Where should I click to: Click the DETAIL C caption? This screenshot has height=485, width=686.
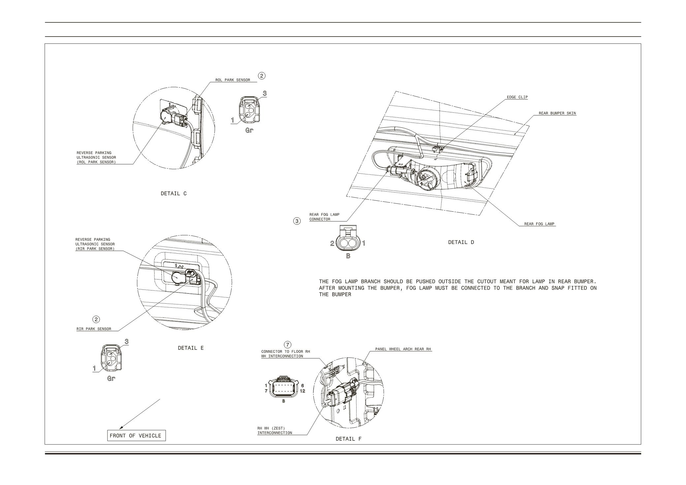coord(173,194)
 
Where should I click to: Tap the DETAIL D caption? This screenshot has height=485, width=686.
coord(461,242)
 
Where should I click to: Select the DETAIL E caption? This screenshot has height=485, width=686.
coord(191,348)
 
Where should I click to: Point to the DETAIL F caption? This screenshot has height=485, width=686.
coord(348,439)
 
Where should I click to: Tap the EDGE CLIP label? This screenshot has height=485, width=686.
coord(517,97)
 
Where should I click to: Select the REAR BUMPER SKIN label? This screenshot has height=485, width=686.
coord(557,113)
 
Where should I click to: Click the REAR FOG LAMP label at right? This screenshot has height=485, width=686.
coord(539,224)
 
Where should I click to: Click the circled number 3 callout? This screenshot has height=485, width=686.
coord(297,221)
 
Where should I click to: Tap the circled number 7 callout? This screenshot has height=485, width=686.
coord(288,345)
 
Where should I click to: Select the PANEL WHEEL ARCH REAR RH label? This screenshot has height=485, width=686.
coord(403,349)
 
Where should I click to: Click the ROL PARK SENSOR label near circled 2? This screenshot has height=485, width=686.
coord(233,80)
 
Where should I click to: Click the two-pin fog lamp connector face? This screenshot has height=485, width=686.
coord(348,243)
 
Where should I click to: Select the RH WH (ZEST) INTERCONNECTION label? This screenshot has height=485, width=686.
coord(274,431)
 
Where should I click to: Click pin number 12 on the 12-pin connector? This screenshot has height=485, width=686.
coord(302,391)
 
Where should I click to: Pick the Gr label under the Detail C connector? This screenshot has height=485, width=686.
coord(249,130)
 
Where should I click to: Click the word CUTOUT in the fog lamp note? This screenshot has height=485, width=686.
coord(487,282)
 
